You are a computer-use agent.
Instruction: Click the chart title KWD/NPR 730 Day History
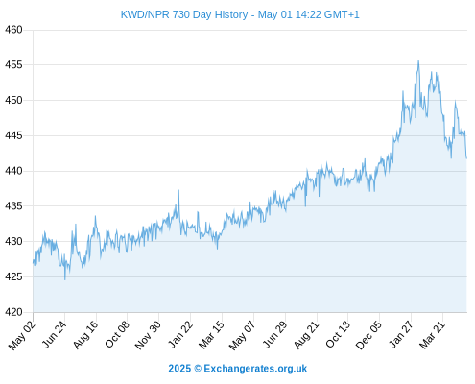184,14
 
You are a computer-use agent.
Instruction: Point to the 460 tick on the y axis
13,30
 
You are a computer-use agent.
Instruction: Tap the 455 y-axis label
13,65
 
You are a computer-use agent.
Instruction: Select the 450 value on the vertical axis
13,100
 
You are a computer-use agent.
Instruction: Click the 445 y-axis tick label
13,135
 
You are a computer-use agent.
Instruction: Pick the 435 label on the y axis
13,206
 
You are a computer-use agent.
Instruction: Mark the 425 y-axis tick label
13,276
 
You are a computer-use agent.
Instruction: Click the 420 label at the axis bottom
13,312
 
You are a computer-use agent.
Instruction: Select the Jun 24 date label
55,334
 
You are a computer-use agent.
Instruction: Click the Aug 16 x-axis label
85,334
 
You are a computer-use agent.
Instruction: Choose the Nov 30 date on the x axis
148,335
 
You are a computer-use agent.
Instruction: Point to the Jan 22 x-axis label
180,334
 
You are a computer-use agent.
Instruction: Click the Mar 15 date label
211,334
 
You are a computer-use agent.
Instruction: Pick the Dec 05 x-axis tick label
368,335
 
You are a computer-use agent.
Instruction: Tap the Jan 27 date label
401,334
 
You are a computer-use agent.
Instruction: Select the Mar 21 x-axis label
432,334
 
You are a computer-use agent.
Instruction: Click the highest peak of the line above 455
418,60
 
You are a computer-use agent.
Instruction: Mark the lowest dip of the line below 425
65,279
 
